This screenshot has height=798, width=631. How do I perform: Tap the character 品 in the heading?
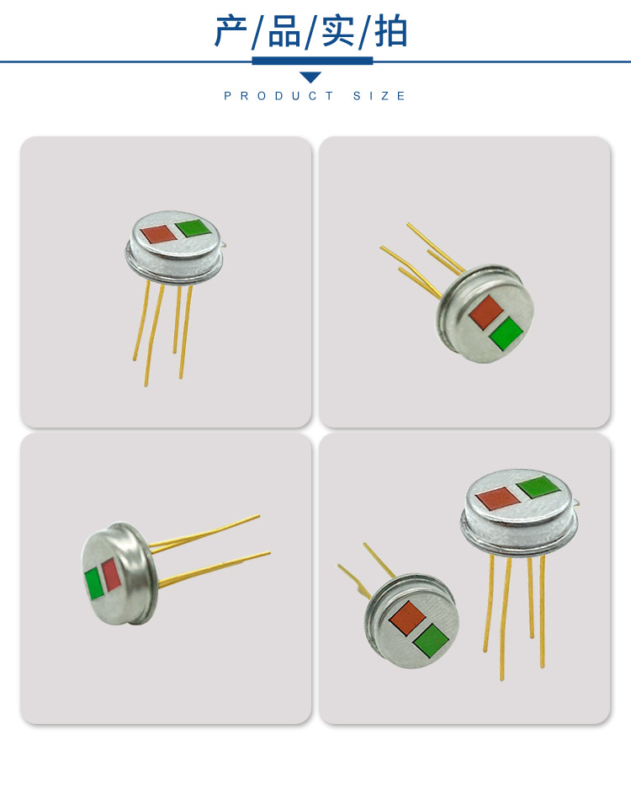pyautogui.click(x=284, y=31)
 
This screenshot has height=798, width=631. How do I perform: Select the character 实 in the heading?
pyautogui.click(x=339, y=31)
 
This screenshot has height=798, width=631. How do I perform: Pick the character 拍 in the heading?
pyautogui.click(x=391, y=31)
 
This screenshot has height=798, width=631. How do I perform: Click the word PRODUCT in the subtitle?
pyautogui.click(x=278, y=96)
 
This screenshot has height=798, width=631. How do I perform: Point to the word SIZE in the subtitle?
pyautogui.click(x=379, y=96)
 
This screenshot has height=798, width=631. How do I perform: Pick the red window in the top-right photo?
pyautogui.click(x=485, y=311)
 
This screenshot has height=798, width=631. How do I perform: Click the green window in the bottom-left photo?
pyautogui.click(x=93, y=583)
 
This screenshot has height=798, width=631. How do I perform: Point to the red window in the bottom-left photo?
pyautogui.click(x=110, y=576)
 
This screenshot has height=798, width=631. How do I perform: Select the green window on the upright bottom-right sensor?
pyautogui.click(x=538, y=487)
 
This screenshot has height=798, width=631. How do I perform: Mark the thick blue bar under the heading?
pyautogui.click(x=312, y=61)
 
